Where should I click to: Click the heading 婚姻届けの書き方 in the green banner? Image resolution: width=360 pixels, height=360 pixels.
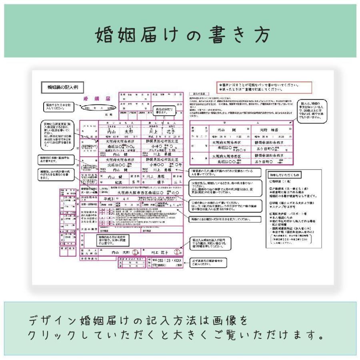pyautogui.click(x=180, y=35)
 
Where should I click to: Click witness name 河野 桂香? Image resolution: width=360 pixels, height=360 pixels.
pyautogui.click(x=269, y=130)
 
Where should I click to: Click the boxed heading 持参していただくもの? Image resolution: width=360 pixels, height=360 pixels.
pyautogui.click(x=285, y=175)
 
